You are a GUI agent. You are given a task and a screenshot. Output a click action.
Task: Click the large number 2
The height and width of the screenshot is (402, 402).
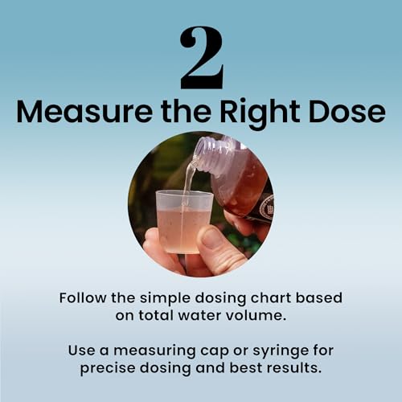coord(202,58)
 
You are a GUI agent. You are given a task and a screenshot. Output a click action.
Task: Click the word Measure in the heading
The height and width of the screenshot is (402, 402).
coord(84,112)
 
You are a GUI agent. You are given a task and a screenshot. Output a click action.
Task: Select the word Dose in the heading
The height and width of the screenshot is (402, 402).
coord(347,112)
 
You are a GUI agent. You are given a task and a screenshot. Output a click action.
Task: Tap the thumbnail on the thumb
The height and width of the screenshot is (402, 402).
coord(214,238)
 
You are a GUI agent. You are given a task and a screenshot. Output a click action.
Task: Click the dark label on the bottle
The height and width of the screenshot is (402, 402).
coord(262,208)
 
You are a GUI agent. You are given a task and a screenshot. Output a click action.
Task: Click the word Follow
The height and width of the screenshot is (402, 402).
coord(83,298)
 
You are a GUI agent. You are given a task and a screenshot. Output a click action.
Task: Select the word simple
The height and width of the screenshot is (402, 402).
coord(165,299)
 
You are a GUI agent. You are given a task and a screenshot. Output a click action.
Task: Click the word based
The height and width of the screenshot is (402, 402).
coord(318,298)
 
